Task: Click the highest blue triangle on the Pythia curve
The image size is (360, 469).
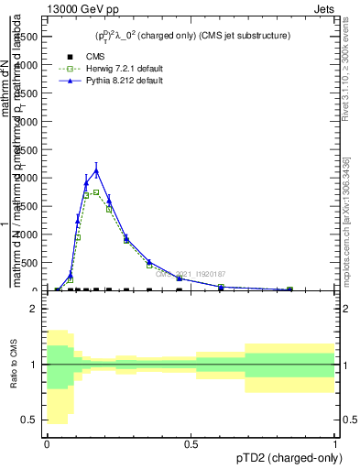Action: [96, 170]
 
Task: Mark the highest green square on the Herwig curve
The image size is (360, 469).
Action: [96, 192]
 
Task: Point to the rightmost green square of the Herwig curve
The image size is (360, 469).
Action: [289, 289]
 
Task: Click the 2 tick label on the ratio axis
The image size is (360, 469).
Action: [34, 310]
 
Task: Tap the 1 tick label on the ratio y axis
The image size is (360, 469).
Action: [34, 365]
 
